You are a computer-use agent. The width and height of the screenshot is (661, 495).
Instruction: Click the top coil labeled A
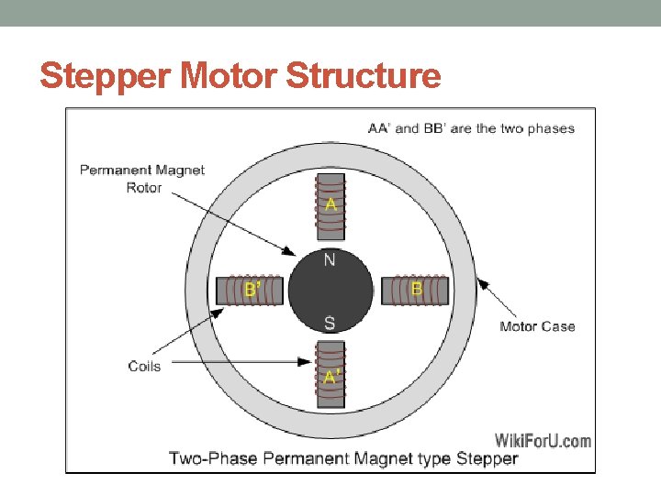[x=330, y=206]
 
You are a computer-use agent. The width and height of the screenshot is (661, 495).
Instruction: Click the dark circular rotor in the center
[x=330, y=291]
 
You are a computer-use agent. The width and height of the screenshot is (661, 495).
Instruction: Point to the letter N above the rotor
[x=330, y=260]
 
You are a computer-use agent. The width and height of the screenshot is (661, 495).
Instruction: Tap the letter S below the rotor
[x=330, y=322]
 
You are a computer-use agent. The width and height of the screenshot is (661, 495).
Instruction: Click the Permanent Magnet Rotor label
[x=142, y=179]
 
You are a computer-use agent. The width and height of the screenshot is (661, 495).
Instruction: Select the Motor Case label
[x=537, y=325]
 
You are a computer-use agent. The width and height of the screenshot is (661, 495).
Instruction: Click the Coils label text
[x=144, y=366]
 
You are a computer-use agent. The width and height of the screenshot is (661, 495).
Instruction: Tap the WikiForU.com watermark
[x=543, y=440]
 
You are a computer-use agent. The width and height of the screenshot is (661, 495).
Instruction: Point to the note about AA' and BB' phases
[x=471, y=128]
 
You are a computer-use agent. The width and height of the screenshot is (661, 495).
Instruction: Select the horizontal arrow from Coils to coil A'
[x=243, y=363]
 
